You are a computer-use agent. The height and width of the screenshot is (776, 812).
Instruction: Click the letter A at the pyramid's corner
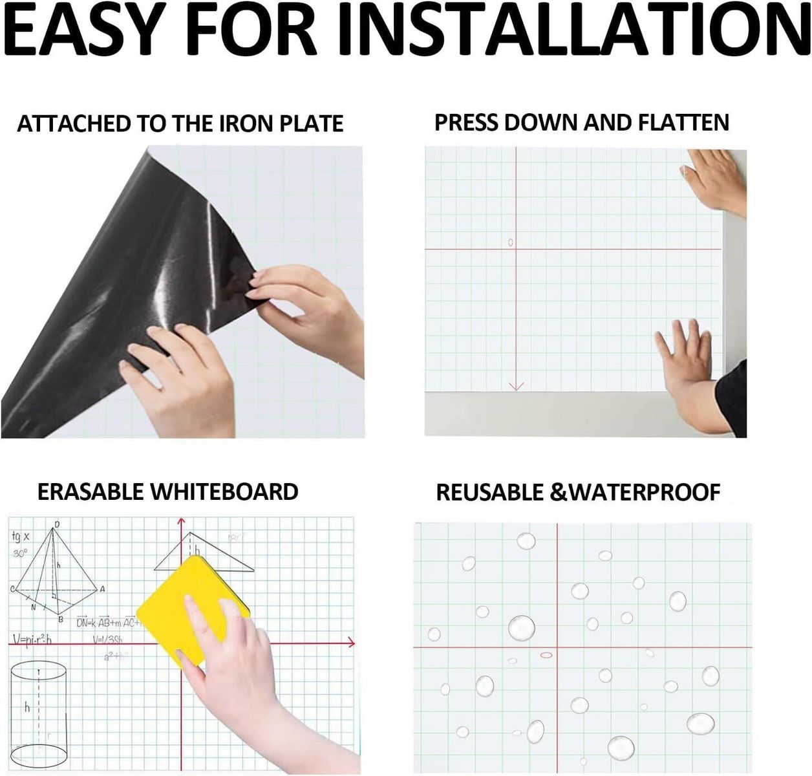[x=102, y=589]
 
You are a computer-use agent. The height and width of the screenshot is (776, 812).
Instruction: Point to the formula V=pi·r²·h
[x=32, y=640]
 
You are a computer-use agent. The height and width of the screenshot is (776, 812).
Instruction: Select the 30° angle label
[x=20, y=554]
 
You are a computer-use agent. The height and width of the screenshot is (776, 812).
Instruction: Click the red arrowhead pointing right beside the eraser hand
[x=351, y=643]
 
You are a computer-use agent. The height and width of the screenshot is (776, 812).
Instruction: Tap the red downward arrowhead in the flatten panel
[x=516, y=386]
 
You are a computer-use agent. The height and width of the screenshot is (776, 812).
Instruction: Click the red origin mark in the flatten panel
[x=510, y=242]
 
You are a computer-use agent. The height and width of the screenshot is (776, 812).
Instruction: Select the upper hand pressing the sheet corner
[x=714, y=181]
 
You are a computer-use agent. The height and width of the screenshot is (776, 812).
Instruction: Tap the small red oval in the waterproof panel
[x=546, y=655]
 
